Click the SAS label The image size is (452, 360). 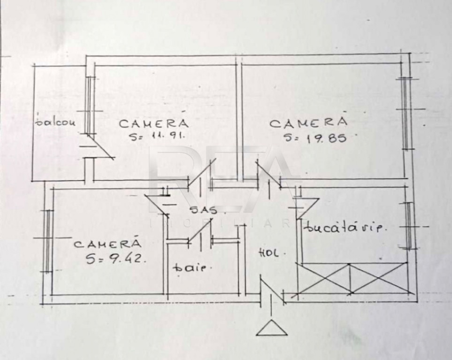click(203, 210)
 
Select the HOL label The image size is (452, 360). click(269, 253)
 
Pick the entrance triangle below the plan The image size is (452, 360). click(271, 328)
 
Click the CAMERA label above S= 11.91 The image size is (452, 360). click(153, 123)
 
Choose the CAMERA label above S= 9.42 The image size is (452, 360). click(107, 244)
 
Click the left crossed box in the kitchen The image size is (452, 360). click(324, 278)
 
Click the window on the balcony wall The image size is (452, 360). click(90, 105)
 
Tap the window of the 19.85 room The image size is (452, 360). click(404, 112)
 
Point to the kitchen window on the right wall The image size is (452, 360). click(409, 226)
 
